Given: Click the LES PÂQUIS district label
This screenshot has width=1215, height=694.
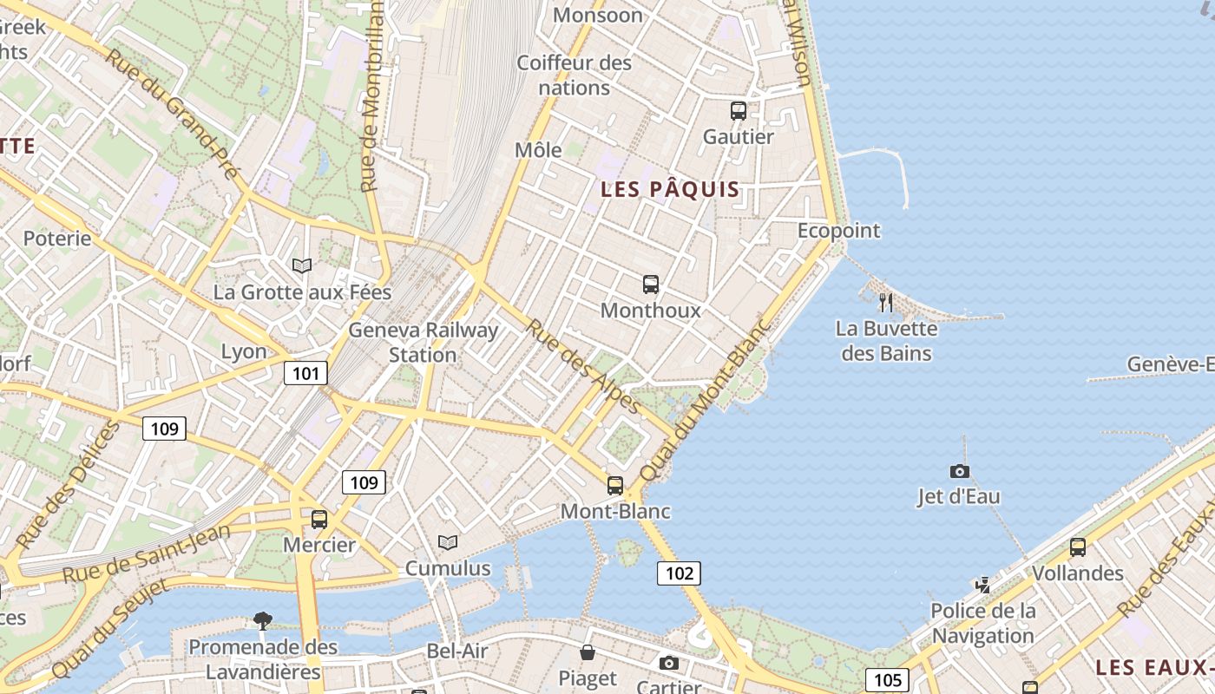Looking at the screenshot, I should (671, 189).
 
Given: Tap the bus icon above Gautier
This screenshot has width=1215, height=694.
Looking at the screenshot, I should (739, 111).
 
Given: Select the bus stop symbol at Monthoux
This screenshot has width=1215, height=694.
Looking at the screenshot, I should (651, 284).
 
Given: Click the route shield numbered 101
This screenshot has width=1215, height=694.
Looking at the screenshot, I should (305, 374).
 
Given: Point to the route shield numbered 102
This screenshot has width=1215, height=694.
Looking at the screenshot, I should (679, 573).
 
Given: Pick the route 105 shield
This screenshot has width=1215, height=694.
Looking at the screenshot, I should (887, 679).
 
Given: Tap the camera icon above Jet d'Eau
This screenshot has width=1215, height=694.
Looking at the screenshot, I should (959, 471).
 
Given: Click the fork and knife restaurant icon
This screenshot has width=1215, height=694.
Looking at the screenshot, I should (886, 302).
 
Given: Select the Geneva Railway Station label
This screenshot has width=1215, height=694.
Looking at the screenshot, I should (424, 343).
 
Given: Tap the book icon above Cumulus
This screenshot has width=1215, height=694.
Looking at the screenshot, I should (448, 543).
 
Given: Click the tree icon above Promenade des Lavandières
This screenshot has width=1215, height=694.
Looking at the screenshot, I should (263, 620).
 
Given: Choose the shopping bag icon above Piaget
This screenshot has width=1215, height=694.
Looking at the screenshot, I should (588, 652).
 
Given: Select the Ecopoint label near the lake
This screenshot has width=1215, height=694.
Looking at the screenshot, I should (838, 231).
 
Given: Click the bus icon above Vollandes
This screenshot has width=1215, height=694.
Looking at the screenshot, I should (1078, 547).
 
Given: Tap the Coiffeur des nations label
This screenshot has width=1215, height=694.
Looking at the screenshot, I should (575, 75).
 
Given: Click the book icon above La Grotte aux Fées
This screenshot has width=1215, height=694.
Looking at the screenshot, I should (302, 265).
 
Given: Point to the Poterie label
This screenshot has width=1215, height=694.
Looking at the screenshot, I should (57, 238).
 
